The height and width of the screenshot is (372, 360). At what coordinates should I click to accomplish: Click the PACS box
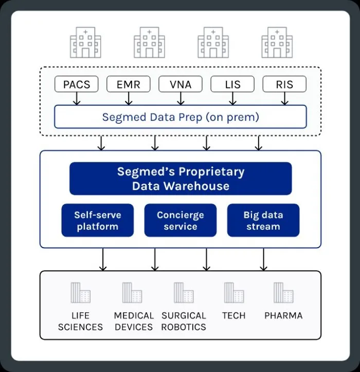coord(77,84)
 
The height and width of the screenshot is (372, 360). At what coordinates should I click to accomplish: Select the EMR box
coord(129,84)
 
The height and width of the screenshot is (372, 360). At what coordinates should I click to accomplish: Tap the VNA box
coord(181,84)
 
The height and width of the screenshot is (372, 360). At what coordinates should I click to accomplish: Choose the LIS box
coord(232,84)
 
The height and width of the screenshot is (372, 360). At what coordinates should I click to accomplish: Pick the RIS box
coord(284,84)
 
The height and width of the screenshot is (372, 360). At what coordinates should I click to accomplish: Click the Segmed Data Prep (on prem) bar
coord(181,117)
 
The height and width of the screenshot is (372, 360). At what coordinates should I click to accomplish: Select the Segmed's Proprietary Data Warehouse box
coord(181,179)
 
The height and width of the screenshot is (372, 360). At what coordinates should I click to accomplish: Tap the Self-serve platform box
coord(98,220)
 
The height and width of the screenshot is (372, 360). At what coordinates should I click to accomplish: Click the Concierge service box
coord(181,220)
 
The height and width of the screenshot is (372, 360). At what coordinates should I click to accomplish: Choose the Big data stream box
coord(263,220)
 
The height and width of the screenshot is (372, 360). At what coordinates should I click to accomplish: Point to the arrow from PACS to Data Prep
coord(77,99)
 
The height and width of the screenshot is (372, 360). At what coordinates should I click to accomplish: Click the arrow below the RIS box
coord(285,99)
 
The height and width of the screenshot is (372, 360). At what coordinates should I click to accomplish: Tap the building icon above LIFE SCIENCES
coord(81,292)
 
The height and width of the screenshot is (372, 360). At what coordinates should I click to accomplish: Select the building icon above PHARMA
coord(283,292)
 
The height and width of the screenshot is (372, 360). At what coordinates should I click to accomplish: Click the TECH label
coord(233,315)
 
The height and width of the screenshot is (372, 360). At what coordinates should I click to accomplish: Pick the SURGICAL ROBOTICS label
coord(184,321)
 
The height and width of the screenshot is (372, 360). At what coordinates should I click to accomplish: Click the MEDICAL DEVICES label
coord(134,321)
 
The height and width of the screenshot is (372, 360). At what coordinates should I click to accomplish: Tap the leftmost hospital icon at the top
coord(85,42)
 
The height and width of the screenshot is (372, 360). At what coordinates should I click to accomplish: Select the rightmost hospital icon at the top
coord(277,42)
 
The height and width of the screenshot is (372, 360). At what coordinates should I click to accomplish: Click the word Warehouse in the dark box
coord(196,186)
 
